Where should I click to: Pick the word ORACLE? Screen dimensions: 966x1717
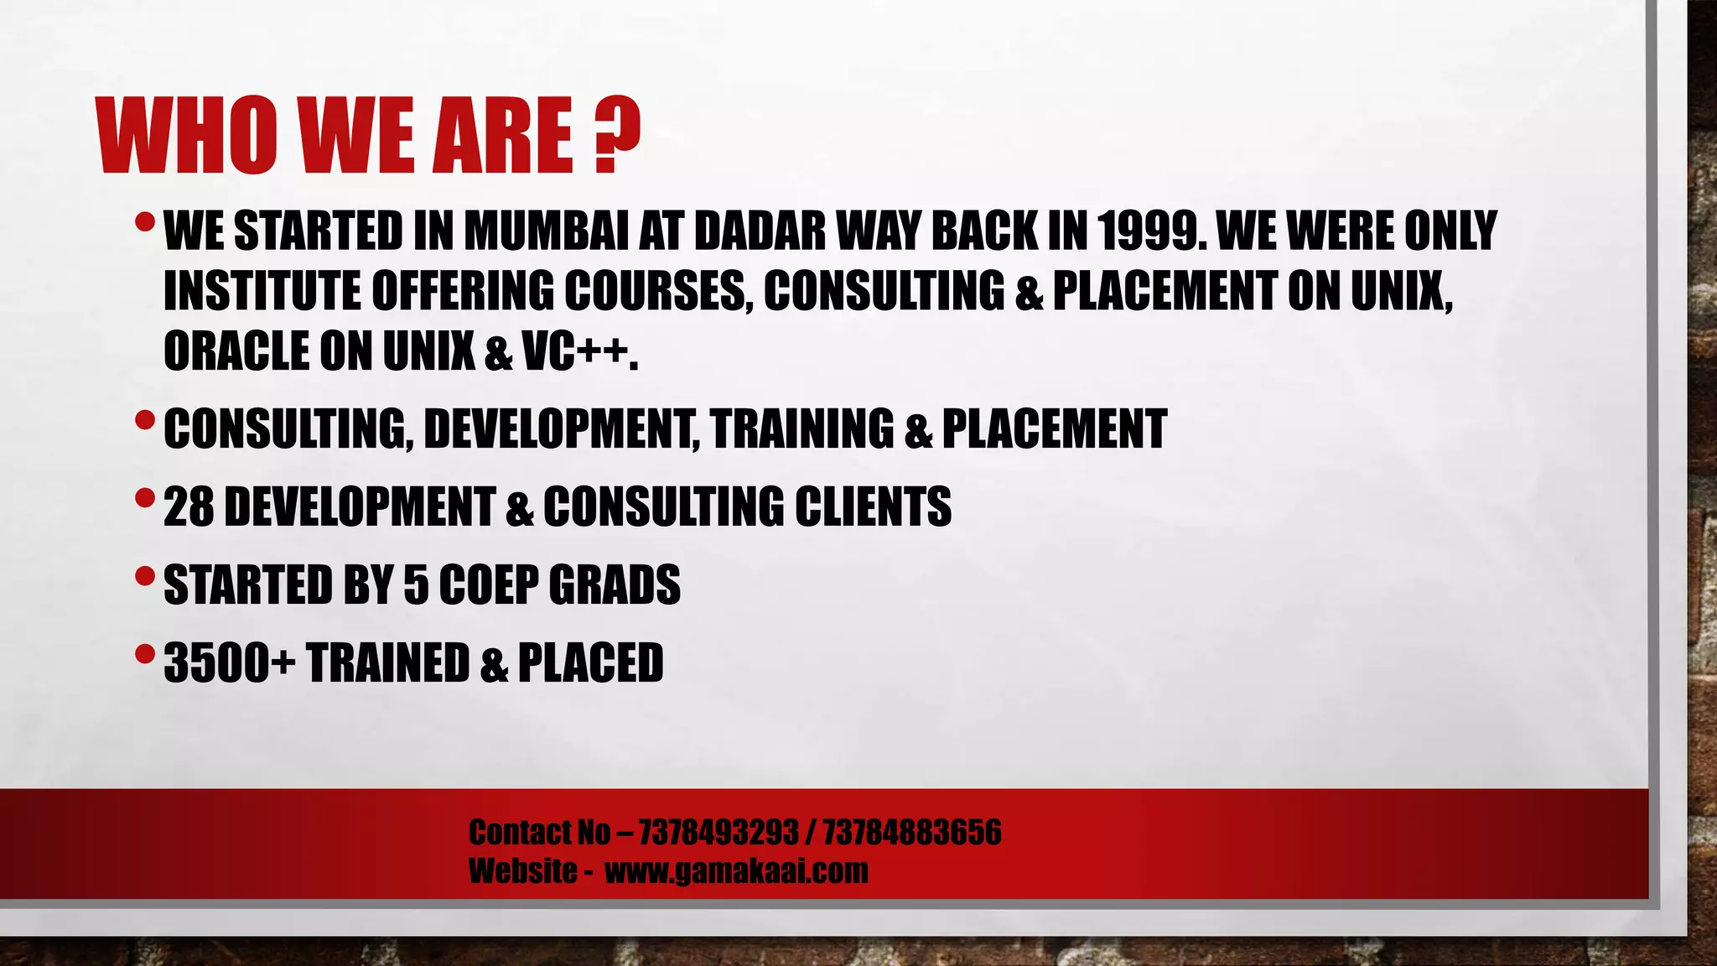pos(236,351)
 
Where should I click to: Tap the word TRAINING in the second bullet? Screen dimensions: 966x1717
pos(802,428)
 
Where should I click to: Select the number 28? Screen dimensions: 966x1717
pos(189,506)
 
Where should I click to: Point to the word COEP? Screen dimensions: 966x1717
pos(489,584)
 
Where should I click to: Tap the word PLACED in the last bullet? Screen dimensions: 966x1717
pos(590,662)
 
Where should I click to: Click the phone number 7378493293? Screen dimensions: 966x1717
pos(718,833)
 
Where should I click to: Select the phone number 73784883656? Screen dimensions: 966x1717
pos(911,833)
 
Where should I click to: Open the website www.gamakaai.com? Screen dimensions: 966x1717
pos(736,870)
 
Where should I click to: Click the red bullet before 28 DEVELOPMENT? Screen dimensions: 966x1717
pos(144,498)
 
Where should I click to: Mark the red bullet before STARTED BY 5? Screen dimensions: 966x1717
pos(144,576)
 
